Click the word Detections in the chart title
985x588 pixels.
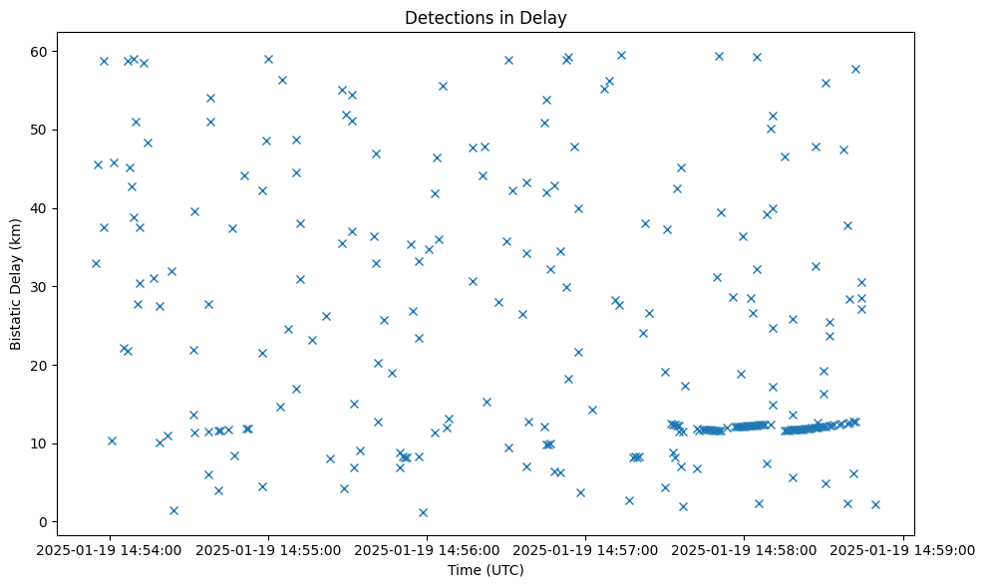pyautogui.click(x=444, y=18)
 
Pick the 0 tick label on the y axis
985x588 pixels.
pyautogui.click(x=43, y=522)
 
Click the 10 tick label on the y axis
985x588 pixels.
pyautogui.click(x=39, y=443)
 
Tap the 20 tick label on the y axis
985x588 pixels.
pyautogui.click(x=39, y=366)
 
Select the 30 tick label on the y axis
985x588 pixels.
pyautogui.click(x=39, y=287)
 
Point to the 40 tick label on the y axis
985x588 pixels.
pyautogui.click(x=39, y=208)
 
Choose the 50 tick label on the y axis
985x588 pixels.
pyautogui.click(x=39, y=131)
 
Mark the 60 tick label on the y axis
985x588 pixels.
pyautogui.click(x=39, y=52)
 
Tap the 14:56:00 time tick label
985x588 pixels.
pyautogui.click(x=428, y=549)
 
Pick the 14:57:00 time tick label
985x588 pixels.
pyautogui.click(x=586, y=549)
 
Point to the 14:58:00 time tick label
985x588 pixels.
pyautogui.click(x=745, y=549)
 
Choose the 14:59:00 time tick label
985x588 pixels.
pyautogui.click(x=903, y=549)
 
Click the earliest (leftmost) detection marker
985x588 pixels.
pyautogui.click(x=96, y=263)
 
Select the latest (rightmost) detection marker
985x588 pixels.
pyautogui.click(x=875, y=504)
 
